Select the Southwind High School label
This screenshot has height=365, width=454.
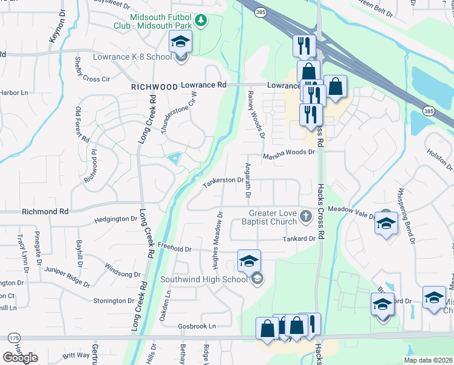tap(204, 280)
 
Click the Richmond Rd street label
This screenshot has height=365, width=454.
tap(46, 212)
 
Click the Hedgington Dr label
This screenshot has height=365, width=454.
tap(117, 219)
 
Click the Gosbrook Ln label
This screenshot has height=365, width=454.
tap(197, 326)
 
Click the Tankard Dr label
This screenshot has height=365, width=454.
tap(299, 239)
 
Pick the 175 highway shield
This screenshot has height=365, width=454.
tap(13, 338)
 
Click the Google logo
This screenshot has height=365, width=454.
tap(20, 357)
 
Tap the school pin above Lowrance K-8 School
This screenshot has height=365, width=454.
tap(180, 42)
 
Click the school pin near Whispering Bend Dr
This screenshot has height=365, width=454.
tap(386, 223)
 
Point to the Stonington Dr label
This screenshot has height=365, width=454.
tap(113, 301)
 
